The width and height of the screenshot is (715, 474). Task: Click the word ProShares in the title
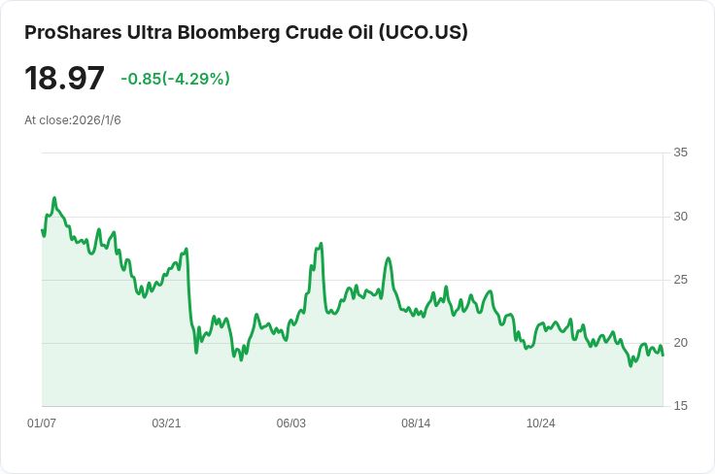(x=73, y=32)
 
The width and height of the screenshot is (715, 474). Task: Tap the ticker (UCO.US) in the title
(x=424, y=32)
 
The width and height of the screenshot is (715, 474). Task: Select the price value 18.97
(x=64, y=78)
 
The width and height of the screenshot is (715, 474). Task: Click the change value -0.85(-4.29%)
(x=175, y=79)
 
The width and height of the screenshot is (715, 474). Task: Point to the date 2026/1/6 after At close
(x=97, y=120)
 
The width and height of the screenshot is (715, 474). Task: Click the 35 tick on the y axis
(x=680, y=152)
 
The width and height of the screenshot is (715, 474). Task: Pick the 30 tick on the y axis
(x=680, y=217)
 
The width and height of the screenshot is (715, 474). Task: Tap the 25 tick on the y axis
(x=680, y=280)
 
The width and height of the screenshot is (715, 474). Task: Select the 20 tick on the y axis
(x=680, y=343)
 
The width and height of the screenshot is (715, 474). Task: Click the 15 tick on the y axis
(x=680, y=406)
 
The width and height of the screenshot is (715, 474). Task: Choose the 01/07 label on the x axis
(x=42, y=423)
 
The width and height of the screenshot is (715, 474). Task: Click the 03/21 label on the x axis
(x=166, y=423)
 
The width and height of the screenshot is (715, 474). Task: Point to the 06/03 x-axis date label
(x=290, y=423)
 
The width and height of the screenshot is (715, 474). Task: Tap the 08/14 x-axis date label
(x=416, y=423)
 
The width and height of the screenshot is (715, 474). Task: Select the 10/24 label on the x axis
(x=541, y=423)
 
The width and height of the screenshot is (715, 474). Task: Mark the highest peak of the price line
(x=54, y=198)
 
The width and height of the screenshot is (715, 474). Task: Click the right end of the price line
(x=663, y=355)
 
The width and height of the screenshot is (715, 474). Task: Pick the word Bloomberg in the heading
(x=228, y=32)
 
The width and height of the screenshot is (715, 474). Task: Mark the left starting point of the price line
(x=42, y=229)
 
